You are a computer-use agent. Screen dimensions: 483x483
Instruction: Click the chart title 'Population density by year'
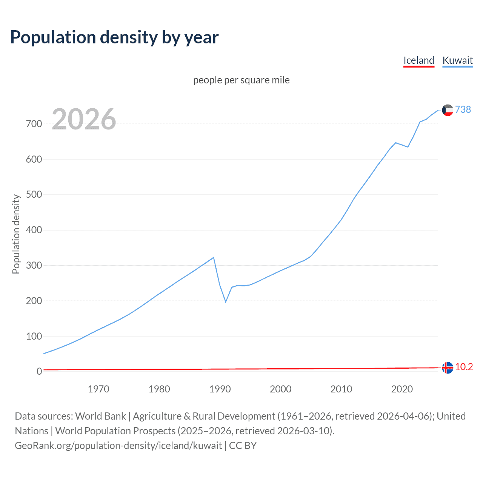[114, 37]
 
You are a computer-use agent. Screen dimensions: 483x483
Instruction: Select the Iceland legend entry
[418, 60]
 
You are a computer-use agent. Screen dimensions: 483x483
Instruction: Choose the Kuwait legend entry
[457, 60]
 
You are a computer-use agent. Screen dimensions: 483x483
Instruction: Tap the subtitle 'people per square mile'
[241, 80]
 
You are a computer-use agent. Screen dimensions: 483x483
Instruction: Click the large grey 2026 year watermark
[84, 119]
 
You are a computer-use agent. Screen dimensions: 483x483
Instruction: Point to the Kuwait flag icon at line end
[448, 110]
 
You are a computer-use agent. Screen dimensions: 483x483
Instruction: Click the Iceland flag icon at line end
[448, 368]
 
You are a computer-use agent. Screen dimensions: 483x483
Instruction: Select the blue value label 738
[463, 109]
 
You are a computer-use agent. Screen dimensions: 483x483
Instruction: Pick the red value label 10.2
[464, 367]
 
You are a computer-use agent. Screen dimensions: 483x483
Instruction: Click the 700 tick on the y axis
[34, 124]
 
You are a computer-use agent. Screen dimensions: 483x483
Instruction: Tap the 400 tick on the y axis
[34, 230]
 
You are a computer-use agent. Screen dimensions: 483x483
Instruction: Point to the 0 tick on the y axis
[39, 371]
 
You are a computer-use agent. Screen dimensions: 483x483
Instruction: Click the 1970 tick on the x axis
[98, 389]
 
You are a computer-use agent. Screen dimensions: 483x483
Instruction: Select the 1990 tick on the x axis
[220, 389]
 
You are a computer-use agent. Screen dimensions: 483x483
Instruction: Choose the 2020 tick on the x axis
[402, 389]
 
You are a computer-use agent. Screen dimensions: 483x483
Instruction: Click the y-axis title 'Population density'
[16, 234]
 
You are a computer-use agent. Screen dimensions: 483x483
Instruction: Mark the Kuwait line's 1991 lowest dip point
[226, 302]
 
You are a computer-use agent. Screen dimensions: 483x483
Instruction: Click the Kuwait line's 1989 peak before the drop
[214, 257]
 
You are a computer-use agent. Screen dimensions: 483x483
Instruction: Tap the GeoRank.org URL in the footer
[118, 446]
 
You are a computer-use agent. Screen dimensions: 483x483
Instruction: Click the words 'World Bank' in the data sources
[100, 416]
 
